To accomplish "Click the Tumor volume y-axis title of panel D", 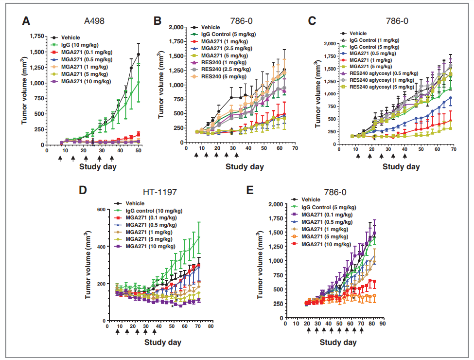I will tap(89, 265).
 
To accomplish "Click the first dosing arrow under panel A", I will tap(60, 158).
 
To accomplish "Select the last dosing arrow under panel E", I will tap(361, 331).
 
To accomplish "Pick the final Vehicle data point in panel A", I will tap(139, 54).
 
